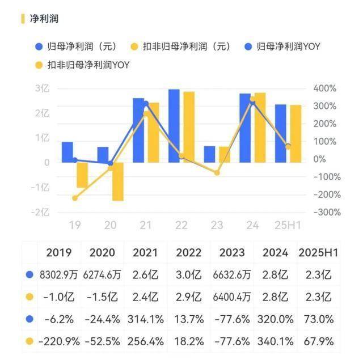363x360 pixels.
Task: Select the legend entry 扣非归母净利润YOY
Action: [x=88, y=65]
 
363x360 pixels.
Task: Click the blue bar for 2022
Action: [x=174, y=126]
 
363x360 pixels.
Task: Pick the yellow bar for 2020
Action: [x=117, y=181]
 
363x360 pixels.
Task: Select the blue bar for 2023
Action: [x=210, y=154]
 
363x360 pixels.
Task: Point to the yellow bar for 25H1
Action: [x=296, y=134]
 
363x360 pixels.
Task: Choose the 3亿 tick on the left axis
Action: [x=43, y=88]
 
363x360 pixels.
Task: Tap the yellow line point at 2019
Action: [x=75, y=198]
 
